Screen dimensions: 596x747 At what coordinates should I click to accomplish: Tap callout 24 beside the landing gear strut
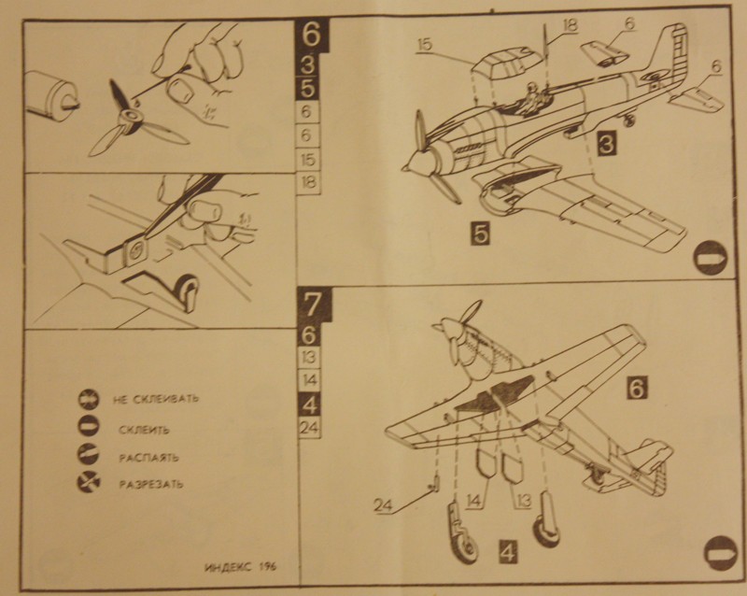tap(382, 506)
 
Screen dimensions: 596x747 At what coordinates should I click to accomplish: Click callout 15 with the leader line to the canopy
tap(425, 43)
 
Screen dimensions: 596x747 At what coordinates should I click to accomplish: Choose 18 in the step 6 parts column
tap(309, 181)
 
